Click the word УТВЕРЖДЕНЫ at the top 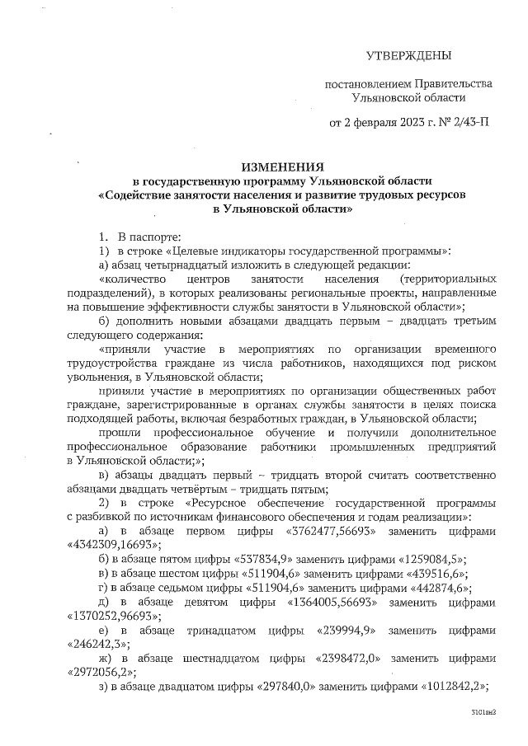click(x=409, y=56)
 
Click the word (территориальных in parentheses click(x=448, y=279)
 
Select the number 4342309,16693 click(x=113, y=545)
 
